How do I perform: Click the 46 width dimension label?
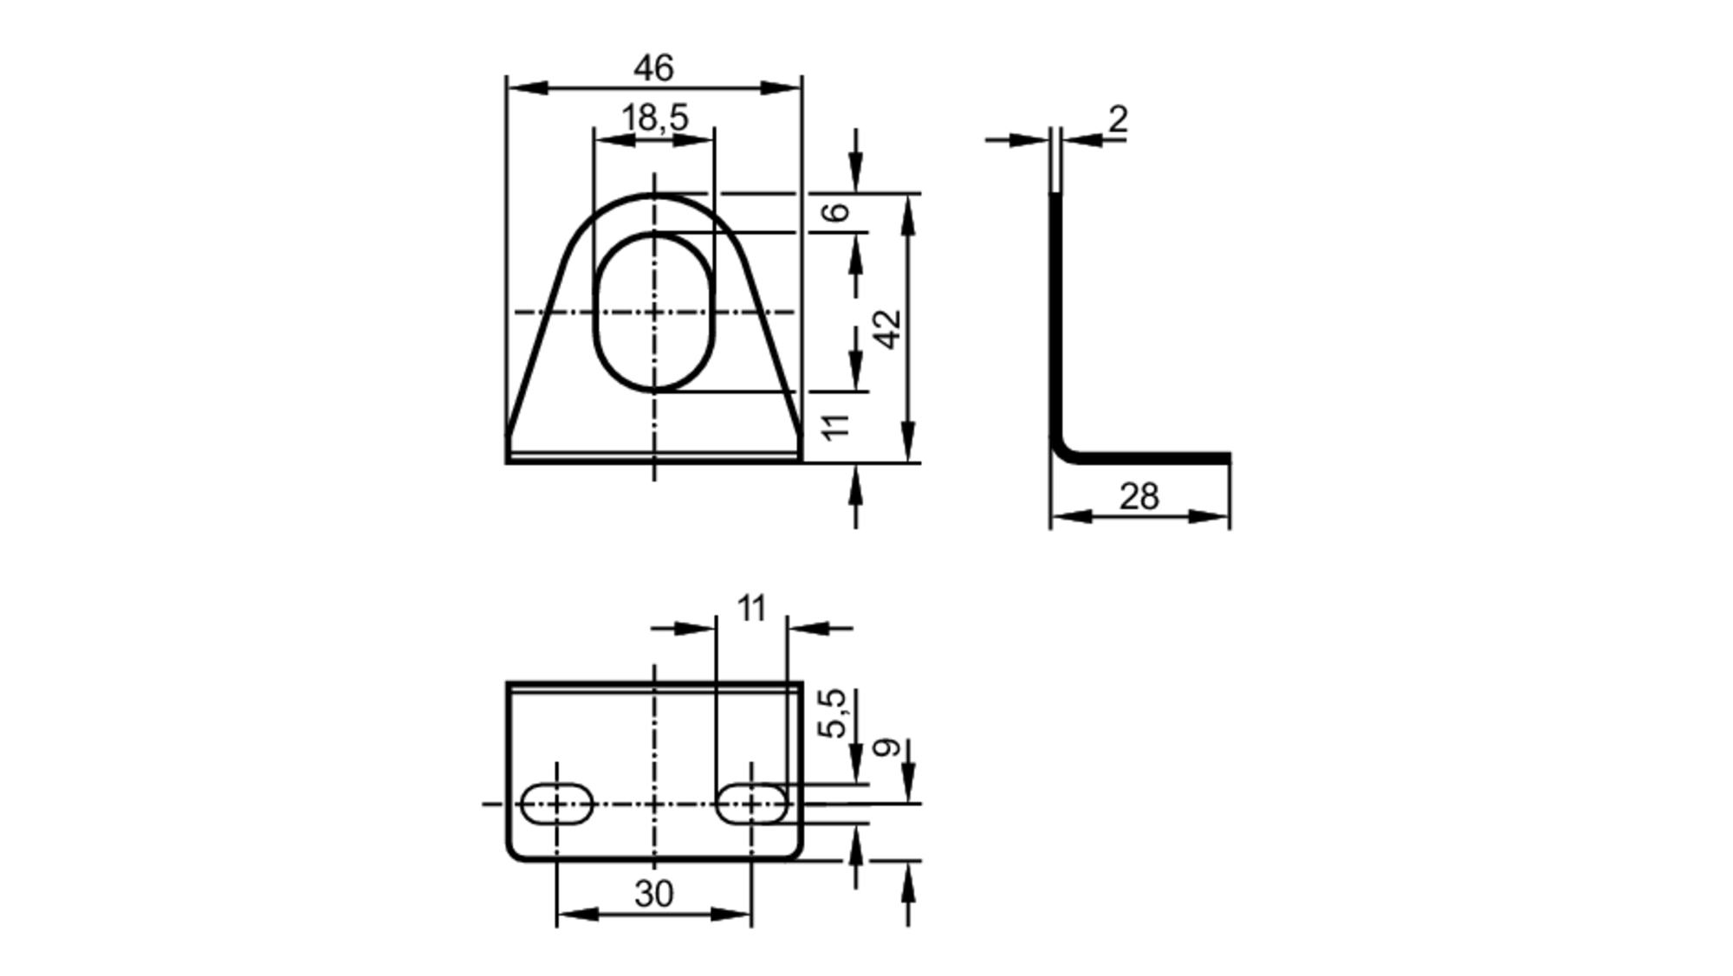click(653, 68)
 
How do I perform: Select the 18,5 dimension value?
click(655, 118)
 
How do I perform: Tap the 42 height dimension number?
click(887, 329)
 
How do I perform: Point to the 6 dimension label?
click(836, 211)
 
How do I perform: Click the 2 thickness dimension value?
click(1119, 119)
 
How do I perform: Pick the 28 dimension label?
click(1139, 497)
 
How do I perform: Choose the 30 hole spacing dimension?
click(653, 894)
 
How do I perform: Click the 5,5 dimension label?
click(834, 714)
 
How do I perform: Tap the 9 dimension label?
click(886, 747)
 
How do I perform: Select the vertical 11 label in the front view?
click(836, 426)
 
